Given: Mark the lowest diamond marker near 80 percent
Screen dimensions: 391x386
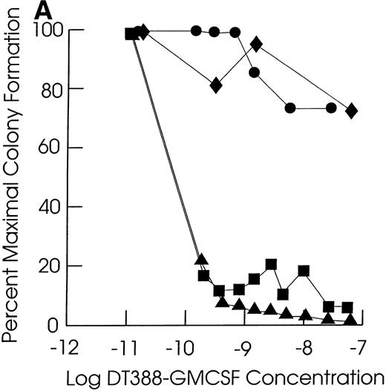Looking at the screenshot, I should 217,85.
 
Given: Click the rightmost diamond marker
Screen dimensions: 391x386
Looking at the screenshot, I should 352,111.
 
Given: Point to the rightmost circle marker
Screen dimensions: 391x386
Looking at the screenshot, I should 332,108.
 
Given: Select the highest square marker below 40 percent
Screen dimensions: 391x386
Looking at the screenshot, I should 271,264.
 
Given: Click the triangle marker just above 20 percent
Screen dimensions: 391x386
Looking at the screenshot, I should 200,259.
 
